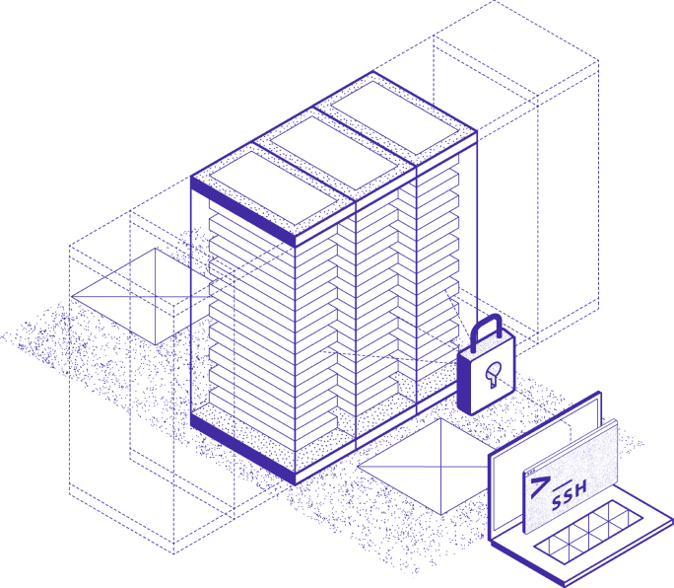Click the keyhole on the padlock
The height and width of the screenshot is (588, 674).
493,373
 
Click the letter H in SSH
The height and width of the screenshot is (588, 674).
580,487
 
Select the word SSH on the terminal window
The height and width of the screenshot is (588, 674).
570,495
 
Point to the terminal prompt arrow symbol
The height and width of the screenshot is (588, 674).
539,486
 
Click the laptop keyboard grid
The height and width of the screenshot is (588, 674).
589,532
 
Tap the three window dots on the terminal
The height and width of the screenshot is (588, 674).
532,473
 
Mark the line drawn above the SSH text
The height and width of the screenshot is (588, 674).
563,484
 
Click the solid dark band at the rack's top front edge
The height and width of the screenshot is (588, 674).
242,212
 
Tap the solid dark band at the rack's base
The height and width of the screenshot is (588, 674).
242,449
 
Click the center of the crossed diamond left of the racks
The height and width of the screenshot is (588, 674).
155,297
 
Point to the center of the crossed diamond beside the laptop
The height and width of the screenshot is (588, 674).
441,467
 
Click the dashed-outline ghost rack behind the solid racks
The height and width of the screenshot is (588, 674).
515,173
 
